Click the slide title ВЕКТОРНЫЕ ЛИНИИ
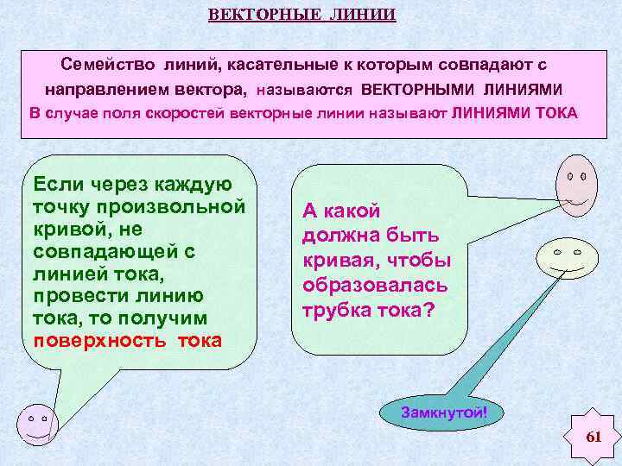pyautogui.click(x=301, y=16)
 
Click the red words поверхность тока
pyautogui.click(x=127, y=340)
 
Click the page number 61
pyautogui.click(x=593, y=437)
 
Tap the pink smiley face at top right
pyautogui.click(x=575, y=184)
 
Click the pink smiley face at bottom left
pyautogui.click(x=36, y=422)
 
